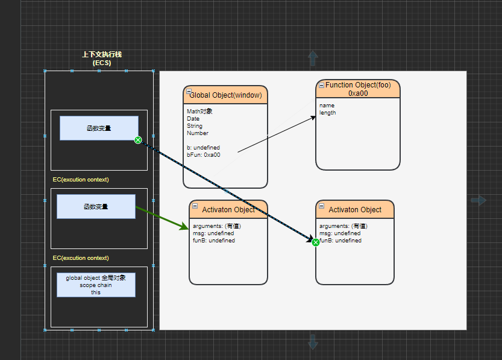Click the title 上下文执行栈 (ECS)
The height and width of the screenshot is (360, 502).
pos(102,58)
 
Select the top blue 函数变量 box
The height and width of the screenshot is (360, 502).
pos(99,128)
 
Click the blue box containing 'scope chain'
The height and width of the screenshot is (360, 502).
pos(96,285)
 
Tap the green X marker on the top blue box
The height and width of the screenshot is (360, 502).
pos(138,140)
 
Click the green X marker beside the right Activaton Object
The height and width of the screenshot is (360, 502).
pos(316,242)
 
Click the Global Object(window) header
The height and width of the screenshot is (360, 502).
pos(225,95)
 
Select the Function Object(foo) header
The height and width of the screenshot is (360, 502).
pos(358,89)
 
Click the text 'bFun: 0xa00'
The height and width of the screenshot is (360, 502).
pos(204,155)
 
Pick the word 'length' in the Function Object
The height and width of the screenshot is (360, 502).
pos(327,113)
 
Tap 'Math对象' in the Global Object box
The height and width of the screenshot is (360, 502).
pos(199,111)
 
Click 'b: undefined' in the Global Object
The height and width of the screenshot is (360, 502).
pos(203,147)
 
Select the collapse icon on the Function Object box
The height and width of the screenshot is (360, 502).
pos(321,85)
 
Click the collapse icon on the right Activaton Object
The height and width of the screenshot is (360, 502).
pos(322,206)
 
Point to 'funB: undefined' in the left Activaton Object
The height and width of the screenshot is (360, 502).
pos(214,240)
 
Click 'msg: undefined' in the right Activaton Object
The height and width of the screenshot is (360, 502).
pos(340,233)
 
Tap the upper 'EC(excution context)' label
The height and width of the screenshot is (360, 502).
pos(81,179)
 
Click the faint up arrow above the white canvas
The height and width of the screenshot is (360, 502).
pos(313,58)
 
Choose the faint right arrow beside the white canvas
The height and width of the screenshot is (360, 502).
pos(478,200)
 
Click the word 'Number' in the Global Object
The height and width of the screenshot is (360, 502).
pos(198,133)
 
